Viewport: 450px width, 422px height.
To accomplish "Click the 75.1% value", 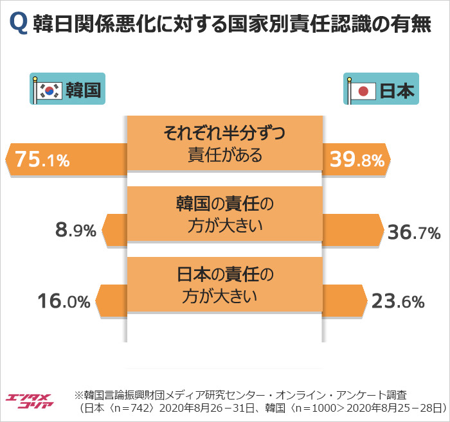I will tap(42, 160).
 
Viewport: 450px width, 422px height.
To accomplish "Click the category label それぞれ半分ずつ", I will tap(224, 134).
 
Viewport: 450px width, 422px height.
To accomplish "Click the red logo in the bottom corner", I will tap(28, 403).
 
